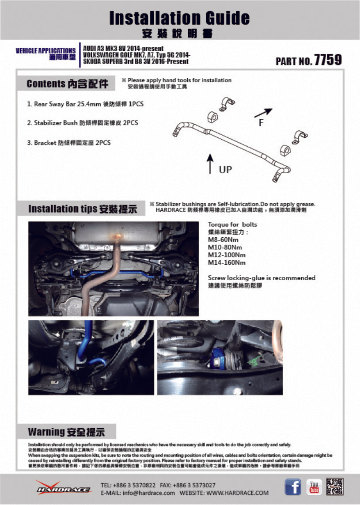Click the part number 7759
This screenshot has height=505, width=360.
[328, 60]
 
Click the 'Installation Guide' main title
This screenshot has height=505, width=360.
[179, 18]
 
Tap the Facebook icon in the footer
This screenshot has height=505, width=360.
[292, 487]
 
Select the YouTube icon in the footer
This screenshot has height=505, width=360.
[314, 487]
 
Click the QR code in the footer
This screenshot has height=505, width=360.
[335, 487]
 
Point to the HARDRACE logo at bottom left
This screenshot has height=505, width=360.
[63, 488]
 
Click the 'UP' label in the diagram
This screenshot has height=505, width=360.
[225, 169]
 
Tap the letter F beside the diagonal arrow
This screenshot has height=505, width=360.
[261, 123]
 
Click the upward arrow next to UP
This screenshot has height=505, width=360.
[210, 163]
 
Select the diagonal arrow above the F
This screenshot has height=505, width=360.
[264, 113]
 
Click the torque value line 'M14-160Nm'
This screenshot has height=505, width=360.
[227, 263]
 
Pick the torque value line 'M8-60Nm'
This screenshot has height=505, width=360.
[224, 239]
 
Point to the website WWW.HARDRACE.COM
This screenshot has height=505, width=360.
[237, 493]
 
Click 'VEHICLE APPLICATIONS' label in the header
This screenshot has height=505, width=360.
[45, 51]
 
